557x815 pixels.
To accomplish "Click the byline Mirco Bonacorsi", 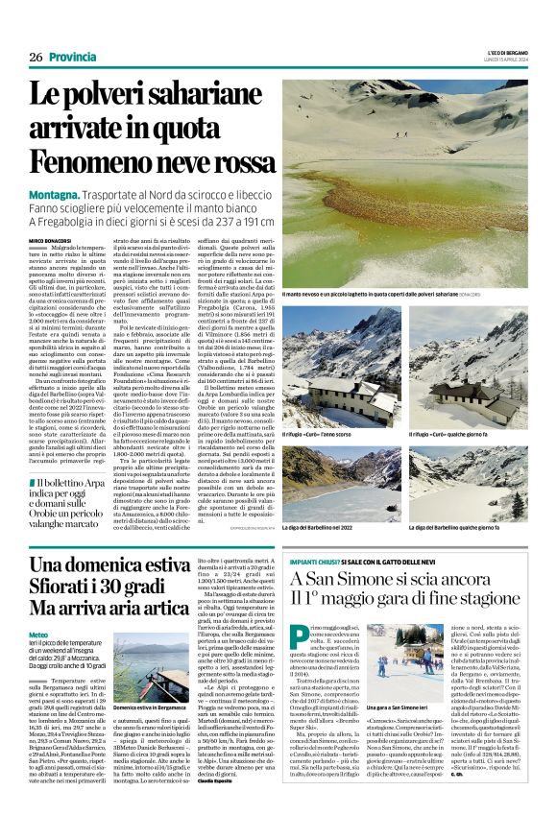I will pos(50,239).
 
